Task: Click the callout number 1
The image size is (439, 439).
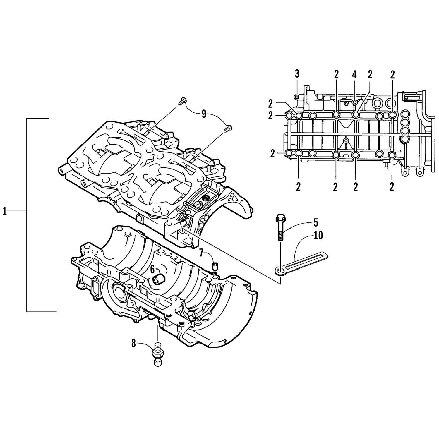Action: (5, 211)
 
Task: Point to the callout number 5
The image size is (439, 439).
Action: (315, 222)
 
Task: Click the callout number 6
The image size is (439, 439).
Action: (152, 268)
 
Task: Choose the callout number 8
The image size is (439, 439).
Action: (133, 343)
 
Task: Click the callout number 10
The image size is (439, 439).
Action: (318, 235)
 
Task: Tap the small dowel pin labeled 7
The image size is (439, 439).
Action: (215, 266)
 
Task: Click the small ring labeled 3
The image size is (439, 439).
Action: (296, 96)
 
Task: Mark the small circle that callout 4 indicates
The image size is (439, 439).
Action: (354, 102)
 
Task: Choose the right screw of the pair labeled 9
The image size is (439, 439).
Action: (228, 128)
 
